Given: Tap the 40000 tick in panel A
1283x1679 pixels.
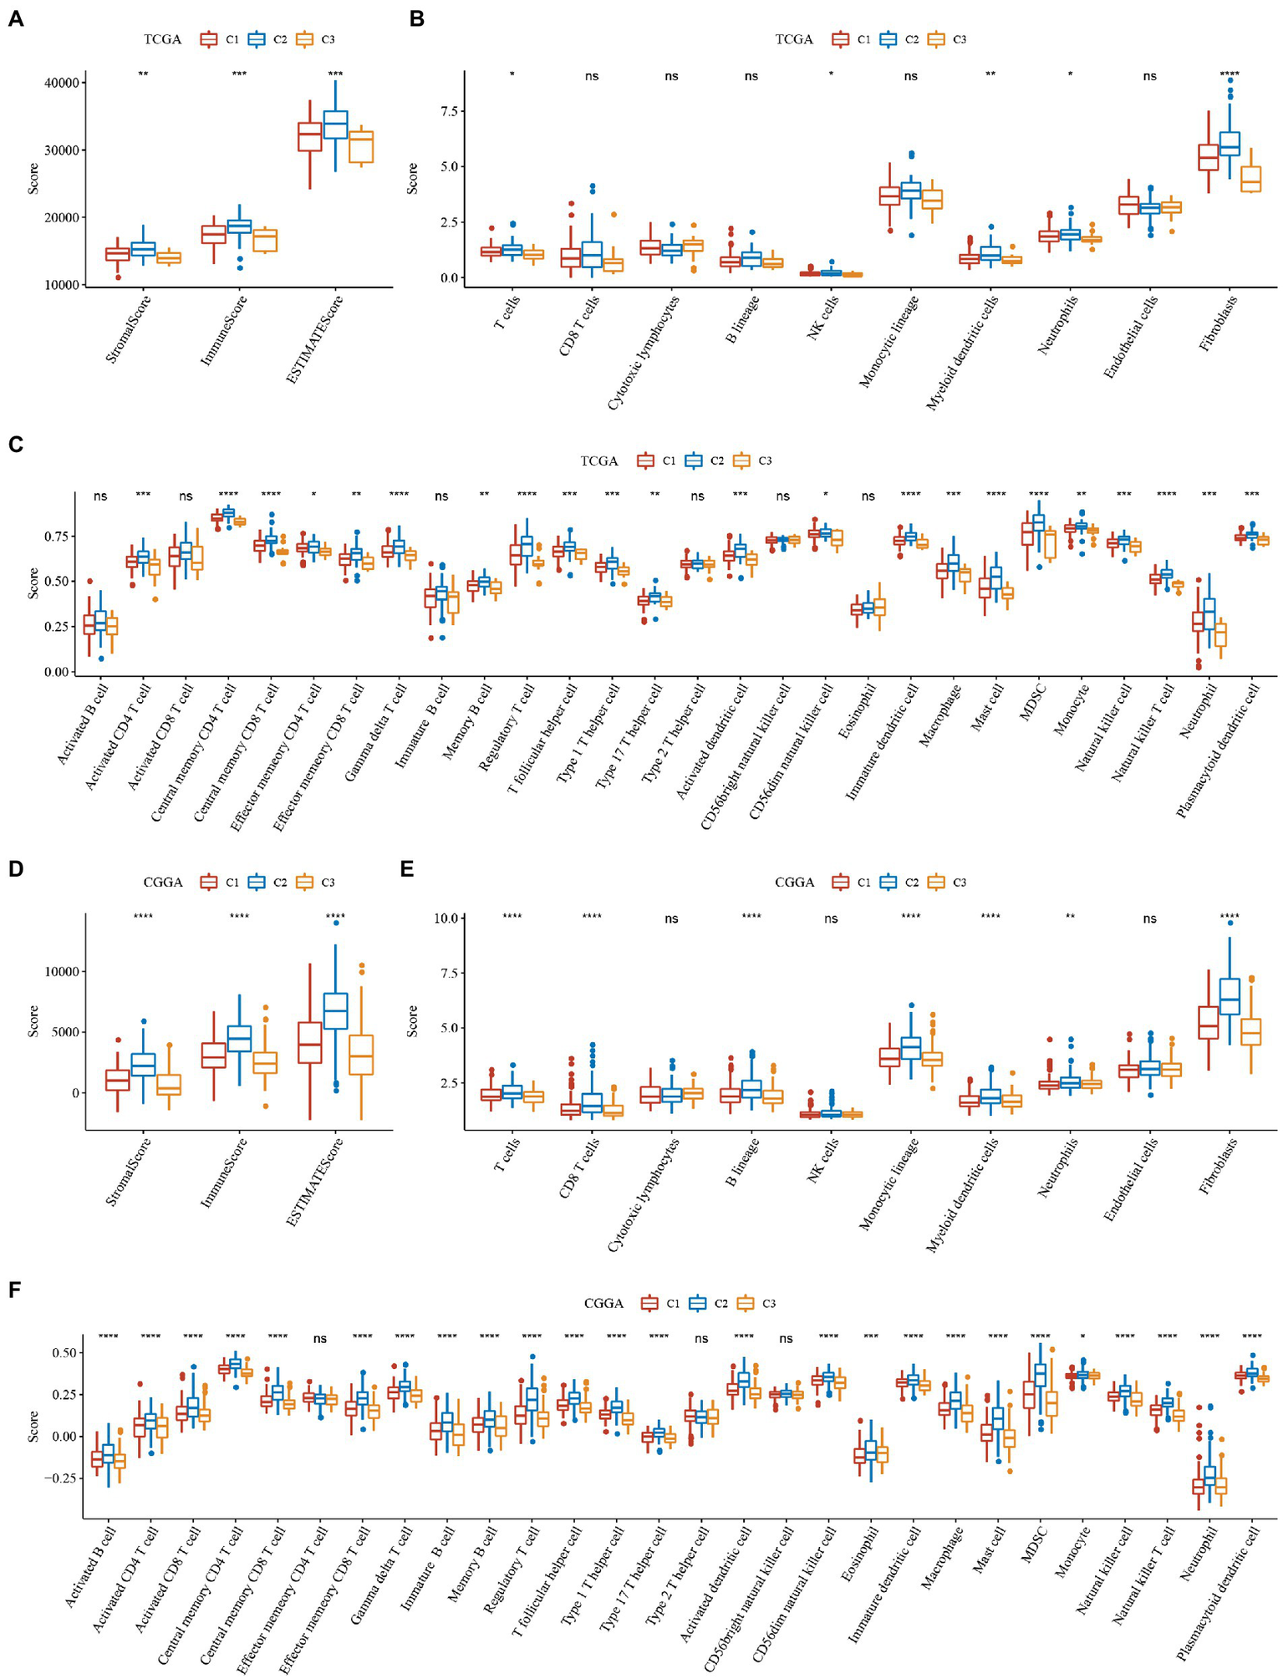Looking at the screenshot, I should click(60, 83).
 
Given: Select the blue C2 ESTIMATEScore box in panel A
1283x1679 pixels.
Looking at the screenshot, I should click(335, 124).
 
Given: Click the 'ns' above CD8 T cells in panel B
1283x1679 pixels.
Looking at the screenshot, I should click(592, 76).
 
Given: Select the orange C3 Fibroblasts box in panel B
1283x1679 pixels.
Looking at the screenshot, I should click(1250, 180).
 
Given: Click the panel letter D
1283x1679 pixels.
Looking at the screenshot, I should click(14, 869).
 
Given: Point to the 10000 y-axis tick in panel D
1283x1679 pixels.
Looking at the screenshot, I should click(63, 972).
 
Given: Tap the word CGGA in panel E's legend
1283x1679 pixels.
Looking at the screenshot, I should click(794, 882).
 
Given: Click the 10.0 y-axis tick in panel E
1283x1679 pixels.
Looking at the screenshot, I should click(445, 918).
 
